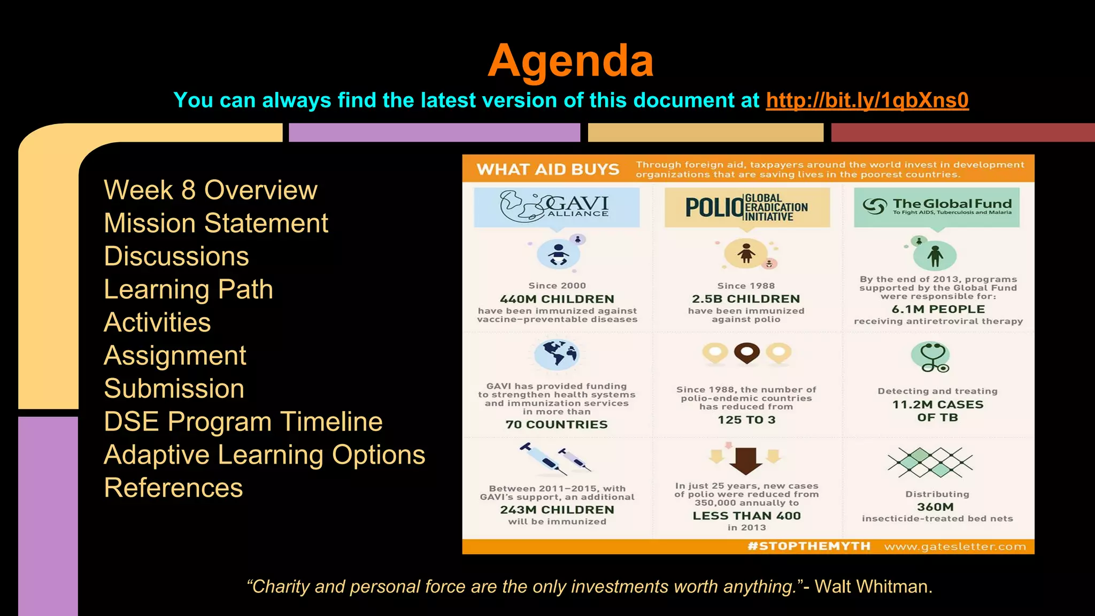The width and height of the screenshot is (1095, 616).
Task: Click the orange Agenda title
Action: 570,61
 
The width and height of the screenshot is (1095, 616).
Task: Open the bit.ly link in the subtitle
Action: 867,101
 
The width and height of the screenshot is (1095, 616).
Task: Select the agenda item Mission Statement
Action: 216,223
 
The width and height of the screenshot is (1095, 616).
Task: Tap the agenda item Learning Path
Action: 188,289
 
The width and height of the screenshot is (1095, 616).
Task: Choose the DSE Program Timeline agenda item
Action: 243,421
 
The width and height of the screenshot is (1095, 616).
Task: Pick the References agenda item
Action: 173,488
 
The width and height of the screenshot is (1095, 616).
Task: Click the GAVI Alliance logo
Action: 556,206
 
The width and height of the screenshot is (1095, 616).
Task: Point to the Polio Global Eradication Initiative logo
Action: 746,207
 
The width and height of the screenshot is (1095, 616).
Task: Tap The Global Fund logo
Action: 937,206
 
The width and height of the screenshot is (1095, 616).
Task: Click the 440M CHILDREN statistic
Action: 557,299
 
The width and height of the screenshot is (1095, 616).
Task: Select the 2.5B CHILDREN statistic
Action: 746,299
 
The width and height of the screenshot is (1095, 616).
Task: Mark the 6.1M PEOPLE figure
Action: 938,309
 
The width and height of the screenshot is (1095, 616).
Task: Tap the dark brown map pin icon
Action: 746,353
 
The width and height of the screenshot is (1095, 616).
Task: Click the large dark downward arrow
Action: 746,460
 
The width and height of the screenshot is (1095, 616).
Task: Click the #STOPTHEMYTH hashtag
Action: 808,546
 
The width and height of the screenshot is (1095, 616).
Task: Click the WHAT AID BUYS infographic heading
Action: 547,170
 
